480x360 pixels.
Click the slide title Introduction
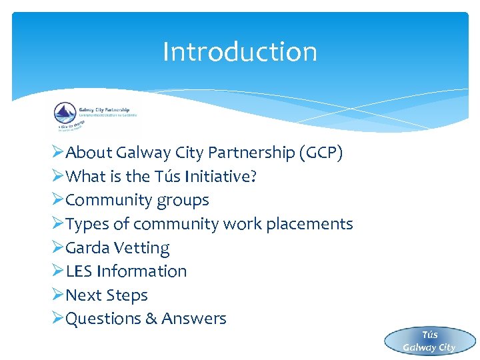240,52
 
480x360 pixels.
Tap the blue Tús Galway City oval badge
429,341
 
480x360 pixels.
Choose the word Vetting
142,248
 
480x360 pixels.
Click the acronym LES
80,271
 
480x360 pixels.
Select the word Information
142,271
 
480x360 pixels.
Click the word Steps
127,295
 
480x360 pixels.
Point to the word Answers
193,319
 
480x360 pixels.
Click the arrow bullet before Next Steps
57,295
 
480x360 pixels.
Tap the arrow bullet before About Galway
57,153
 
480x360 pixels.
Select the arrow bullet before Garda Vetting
57,248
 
